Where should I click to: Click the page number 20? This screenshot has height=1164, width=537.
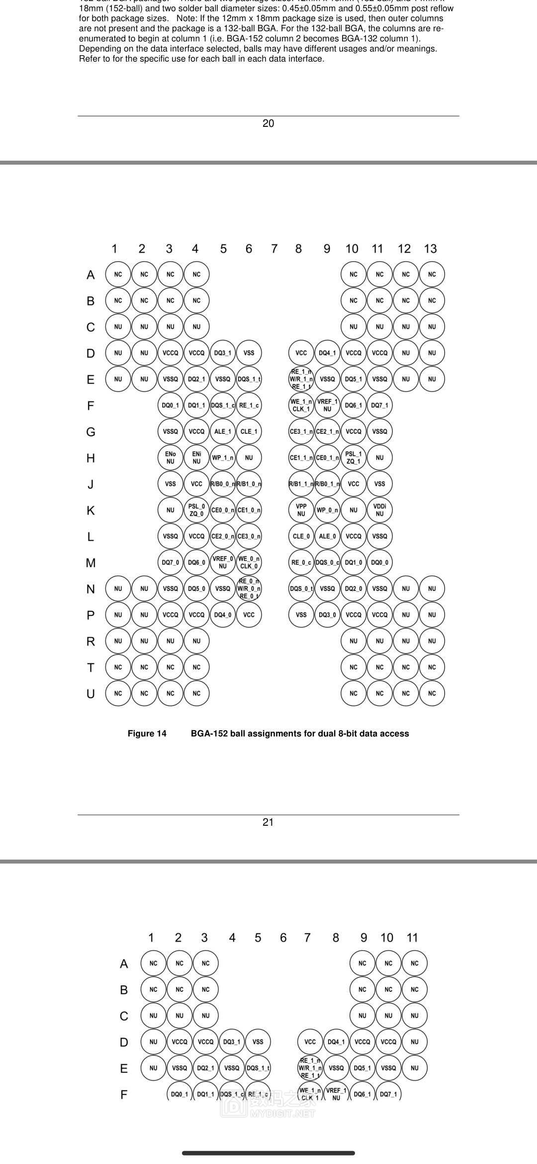[x=268, y=123]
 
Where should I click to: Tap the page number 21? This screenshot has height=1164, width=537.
[x=268, y=822]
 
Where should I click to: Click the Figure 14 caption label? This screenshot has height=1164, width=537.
[x=147, y=733]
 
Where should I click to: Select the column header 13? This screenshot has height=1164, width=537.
[x=430, y=249]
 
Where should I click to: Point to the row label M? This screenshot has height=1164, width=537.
[x=90, y=563]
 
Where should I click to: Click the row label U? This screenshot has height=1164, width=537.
[x=90, y=693]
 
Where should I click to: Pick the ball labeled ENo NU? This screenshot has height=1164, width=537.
[x=171, y=458]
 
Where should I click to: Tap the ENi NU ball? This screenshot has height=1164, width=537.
[x=196, y=458]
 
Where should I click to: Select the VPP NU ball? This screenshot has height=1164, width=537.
[x=301, y=510]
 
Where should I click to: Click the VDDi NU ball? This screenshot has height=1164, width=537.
[x=379, y=510]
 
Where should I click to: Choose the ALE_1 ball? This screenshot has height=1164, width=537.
[x=223, y=431]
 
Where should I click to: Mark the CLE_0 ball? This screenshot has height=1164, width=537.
[x=301, y=536]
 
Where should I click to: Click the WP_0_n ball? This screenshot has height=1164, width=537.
[x=327, y=510]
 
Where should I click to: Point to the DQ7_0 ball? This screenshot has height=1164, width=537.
[x=171, y=563]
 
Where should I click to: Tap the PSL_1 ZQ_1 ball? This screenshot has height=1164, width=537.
[x=354, y=458]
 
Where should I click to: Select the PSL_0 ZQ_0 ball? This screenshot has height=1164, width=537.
[x=196, y=510]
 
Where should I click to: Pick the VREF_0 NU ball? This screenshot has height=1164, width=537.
[x=223, y=563]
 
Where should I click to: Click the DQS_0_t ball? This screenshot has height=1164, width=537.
[x=301, y=588]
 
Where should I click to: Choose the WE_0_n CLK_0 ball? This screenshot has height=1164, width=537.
[x=249, y=563]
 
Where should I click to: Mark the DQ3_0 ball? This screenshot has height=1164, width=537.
[x=327, y=615]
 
